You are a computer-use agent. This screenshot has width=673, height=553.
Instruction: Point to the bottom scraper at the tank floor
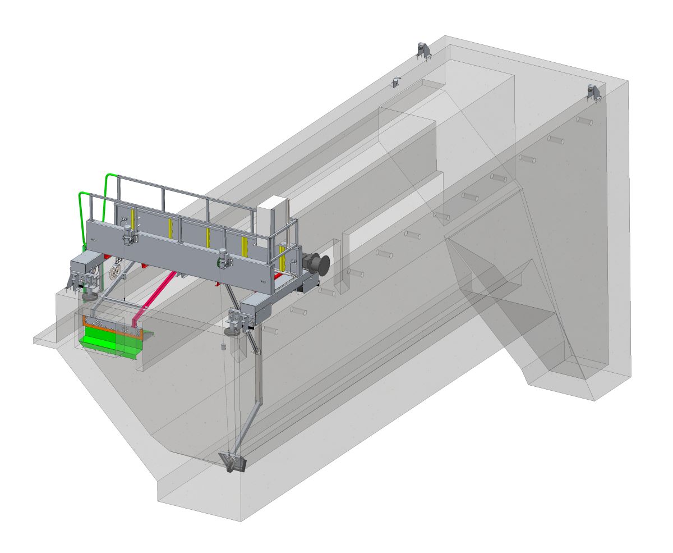point(234,463)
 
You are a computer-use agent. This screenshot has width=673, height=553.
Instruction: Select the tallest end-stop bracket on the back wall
point(423,50)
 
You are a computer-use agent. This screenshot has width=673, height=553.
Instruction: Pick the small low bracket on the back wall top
point(397,81)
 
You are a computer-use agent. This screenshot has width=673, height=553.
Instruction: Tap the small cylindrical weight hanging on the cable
point(222,348)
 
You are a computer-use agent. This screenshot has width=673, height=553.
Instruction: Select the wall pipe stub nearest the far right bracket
point(584,121)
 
